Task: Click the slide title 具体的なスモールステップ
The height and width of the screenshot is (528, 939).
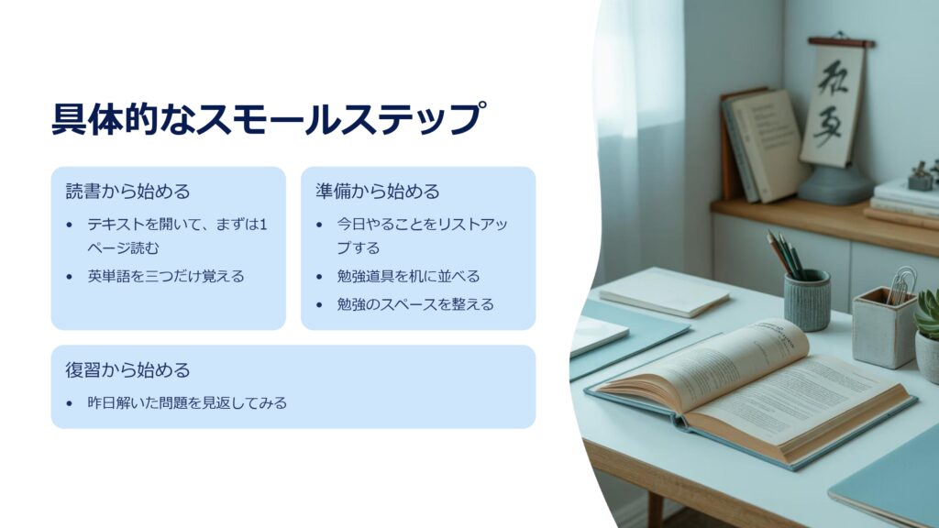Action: pos(268,118)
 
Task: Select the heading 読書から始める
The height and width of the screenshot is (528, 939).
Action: pos(127,191)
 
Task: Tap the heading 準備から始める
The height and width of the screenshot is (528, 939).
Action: pos(377,191)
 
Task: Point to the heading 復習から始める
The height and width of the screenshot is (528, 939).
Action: pos(127,369)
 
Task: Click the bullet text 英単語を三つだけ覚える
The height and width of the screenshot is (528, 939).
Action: pos(166,276)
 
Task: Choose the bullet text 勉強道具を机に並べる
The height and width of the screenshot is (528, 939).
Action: pos(408,276)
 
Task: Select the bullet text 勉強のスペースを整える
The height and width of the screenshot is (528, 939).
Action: pos(415,304)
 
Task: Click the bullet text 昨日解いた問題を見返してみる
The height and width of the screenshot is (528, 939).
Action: pos(187,403)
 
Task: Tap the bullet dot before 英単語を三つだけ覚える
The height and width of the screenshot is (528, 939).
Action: pos(70,277)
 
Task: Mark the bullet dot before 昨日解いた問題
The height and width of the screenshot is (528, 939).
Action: pos(70,403)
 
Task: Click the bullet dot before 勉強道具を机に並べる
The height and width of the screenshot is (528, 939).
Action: pos(319,277)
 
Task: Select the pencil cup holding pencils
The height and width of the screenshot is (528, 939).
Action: pos(807,300)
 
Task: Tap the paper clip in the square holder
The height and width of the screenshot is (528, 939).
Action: pos(900,285)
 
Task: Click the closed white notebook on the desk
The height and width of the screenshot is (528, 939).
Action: pos(664,292)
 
